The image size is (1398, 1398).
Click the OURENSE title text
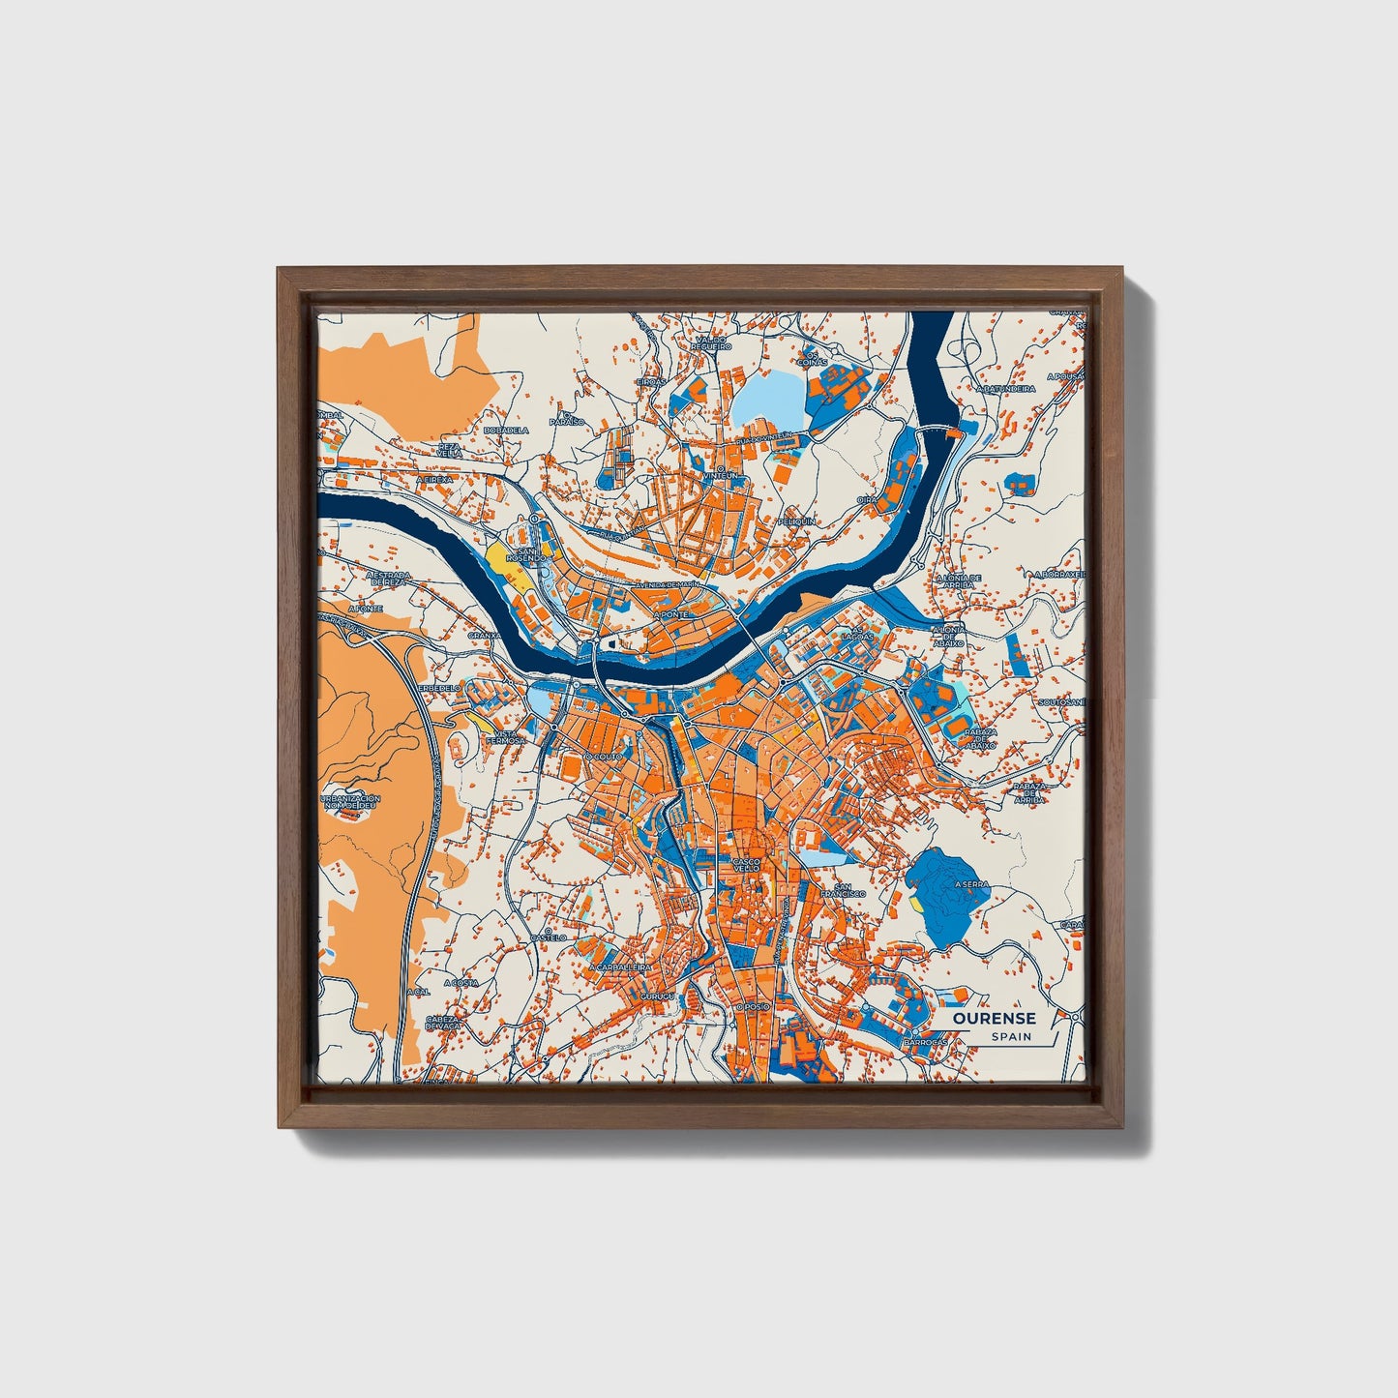[x=994, y=1018]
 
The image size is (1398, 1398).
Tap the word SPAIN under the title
[x=1010, y=1037]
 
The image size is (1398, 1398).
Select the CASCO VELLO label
[x=747, y=864]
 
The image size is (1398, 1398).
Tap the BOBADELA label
[x=505, y=430]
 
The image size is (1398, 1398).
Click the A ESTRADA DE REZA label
[x=390, y=579]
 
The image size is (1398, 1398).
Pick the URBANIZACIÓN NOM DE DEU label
[x=350, y=801]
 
